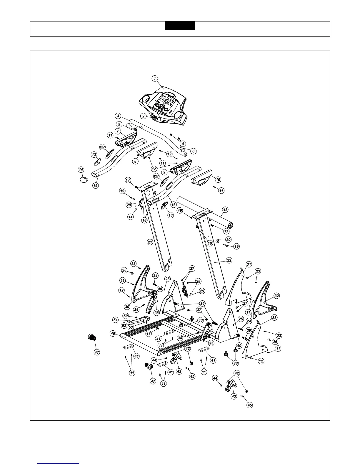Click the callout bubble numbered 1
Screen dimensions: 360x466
155,78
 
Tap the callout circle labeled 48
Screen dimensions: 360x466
225,210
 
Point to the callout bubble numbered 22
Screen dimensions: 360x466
229,260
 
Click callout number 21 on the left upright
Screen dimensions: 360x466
150,242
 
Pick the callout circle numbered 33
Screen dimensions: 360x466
274,318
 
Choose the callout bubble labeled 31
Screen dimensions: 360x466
249,264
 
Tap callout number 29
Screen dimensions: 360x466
202,291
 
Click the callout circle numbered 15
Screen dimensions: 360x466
95,186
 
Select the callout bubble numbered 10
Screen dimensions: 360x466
218,179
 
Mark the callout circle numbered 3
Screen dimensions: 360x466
118,116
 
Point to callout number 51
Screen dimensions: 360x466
116,319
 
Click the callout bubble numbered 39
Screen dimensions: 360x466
249,331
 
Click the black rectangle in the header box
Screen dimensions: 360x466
180,26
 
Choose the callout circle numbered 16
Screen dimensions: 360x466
174,204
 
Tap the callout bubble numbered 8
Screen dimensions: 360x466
135,161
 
